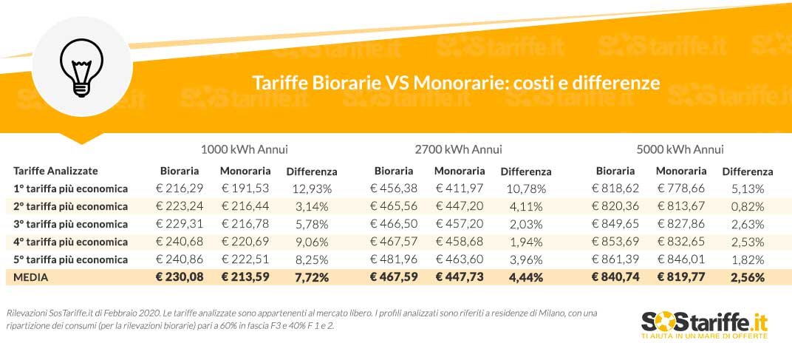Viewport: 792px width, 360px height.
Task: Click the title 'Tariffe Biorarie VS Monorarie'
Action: [x=455, y=81]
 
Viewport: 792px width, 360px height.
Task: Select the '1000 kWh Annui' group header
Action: [x=244, y=149]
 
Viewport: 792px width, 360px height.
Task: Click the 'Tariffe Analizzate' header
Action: [x=55, y=171]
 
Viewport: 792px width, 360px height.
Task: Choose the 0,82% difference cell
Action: [x=747, y=206]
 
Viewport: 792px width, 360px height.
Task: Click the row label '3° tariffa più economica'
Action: [x=70, y=224]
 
